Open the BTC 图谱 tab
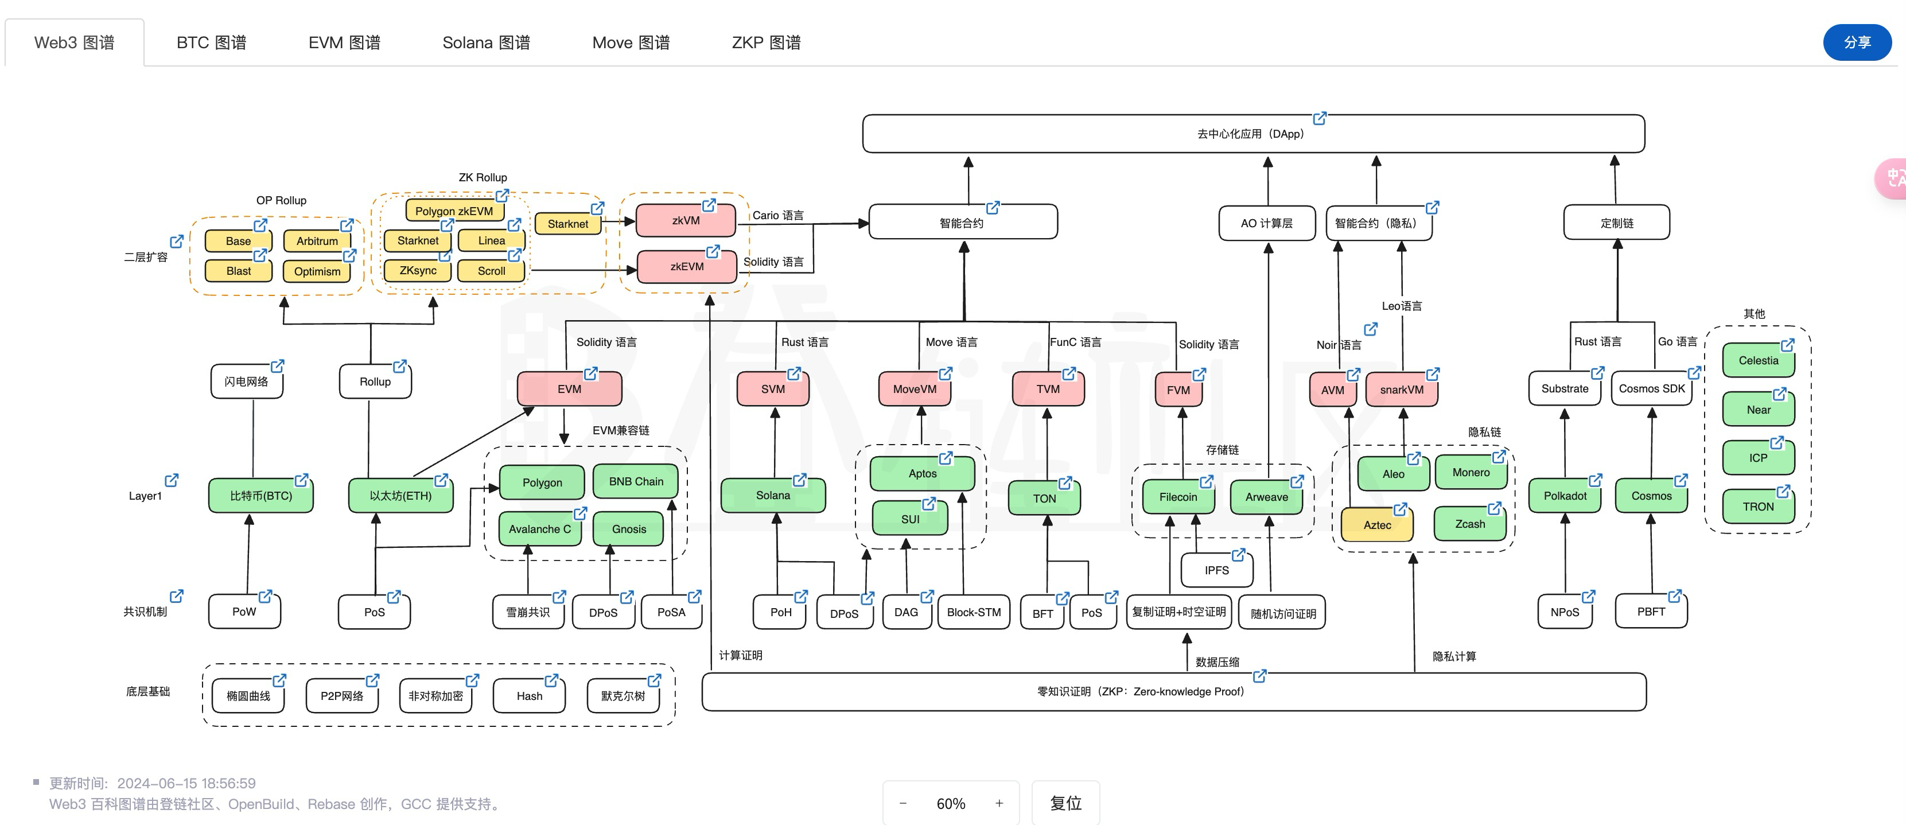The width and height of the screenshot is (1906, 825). click(x=211, y=43)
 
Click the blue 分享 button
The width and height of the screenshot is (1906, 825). click(x=1857, y=43)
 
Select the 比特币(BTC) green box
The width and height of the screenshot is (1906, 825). click(x=260, y=496)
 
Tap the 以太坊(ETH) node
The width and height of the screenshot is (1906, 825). click(x=400, y=496)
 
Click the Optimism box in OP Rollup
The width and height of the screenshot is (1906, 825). click(x=317, y=271)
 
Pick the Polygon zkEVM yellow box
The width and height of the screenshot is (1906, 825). click(x=454, y=211)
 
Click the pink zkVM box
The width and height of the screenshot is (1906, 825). click(x=685, y=220)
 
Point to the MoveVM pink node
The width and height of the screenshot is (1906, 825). click(x=914, y=389)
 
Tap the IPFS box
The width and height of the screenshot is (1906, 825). click(x=1216, y=570)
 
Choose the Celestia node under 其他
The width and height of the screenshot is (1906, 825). click(x=1757, y=361)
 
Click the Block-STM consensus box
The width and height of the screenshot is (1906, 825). click(x=973, y=613)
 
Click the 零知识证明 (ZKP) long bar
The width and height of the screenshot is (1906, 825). click(x=1173, y=692)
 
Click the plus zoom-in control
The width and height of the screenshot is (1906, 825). click(x=999, y=803)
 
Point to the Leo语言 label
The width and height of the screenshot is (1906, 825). click(x=1401, y=306)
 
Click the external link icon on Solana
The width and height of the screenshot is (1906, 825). click(x=799, y=480)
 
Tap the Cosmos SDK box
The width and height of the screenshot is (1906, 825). click(x=1651, y=389)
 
